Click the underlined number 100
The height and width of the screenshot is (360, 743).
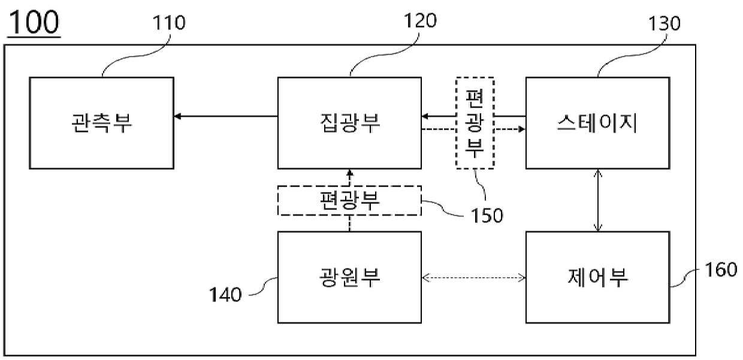point(34,23)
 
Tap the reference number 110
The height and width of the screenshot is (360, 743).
point(169,23)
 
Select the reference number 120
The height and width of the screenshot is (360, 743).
point(420,20)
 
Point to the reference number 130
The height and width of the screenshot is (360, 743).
point(664,23)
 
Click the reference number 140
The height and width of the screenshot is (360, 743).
point(225,294)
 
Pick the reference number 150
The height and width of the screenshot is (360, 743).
point(487,215)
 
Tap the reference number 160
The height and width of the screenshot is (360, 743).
point(721,270)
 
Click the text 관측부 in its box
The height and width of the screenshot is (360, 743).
point(102,123)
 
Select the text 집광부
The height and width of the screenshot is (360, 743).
point(350,123)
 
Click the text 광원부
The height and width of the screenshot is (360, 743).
point(349,277)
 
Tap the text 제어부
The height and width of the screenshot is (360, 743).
point(598,277)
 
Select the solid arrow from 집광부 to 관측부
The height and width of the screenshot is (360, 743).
point(226,116)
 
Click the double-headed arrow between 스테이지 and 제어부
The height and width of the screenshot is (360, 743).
point(598,200)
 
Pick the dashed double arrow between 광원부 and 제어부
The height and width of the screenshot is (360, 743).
point(473,277)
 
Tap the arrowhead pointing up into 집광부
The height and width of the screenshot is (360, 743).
point(350,173)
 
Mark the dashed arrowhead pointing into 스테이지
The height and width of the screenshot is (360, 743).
point(522,129)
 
